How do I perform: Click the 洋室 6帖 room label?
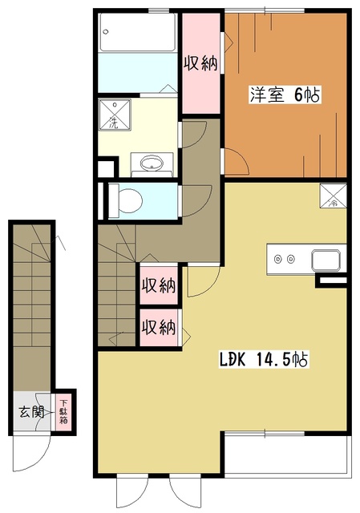click(x=285, y=95)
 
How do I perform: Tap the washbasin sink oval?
click(x=150, y=164)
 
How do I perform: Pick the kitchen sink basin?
click(x=327, y=260)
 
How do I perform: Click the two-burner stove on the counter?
click(x=284, y=259)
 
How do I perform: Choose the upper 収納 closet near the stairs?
click(x=158, y=285)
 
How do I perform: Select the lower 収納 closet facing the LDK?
click(x=158, y=327)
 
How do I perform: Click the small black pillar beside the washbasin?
click(x=103, y=168)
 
